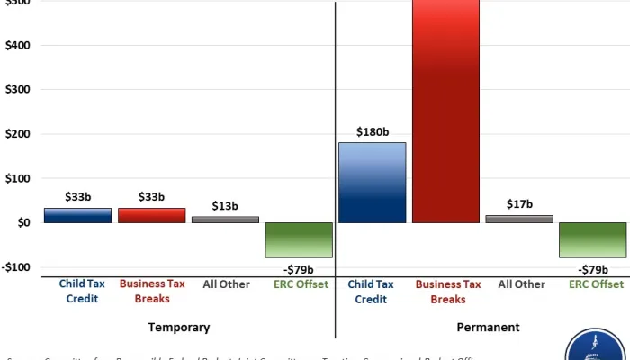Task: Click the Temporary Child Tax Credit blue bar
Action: point(76,215)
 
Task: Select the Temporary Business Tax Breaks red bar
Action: point(151,215)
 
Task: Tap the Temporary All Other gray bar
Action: point(225,219)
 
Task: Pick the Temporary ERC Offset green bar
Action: point(299,239)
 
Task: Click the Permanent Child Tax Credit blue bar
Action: point(372,183)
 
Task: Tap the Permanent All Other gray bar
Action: point(520,219)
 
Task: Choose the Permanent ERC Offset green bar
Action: point(593,239)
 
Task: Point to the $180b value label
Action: point(372,132)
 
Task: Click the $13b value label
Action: point(225,206)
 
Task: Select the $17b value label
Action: point(520,204)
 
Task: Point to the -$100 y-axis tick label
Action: point(15,267)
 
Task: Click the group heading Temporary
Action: point(180,328)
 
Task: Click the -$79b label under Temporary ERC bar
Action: point(299,270)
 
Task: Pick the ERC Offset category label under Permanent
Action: point(596,284)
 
